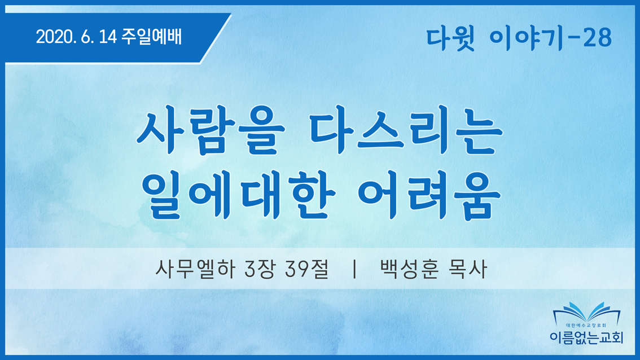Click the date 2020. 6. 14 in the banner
click(77, 37)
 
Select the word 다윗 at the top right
click(450, 38)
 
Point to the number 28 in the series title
click(597, 38)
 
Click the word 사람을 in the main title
click(211, 130)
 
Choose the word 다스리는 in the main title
click(406, 130)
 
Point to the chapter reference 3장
click(259, 269)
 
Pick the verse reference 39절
click(306, 269)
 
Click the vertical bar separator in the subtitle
click(354, 269)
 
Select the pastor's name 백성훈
click(409, 269)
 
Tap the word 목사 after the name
click(467, 269)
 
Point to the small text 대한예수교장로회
click(586, 326)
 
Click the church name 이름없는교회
click(586, 337)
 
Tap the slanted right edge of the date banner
click(216, 38)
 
